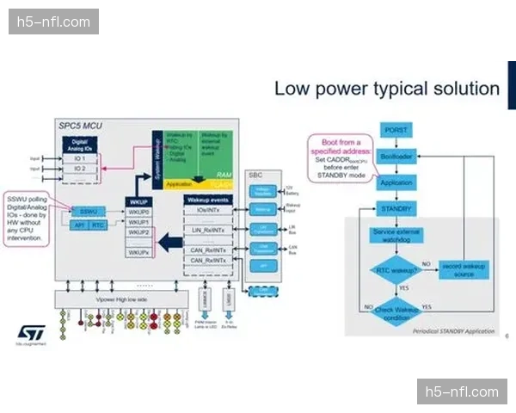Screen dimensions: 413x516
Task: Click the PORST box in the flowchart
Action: click(x=397, y=129)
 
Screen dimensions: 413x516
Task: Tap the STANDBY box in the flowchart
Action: click(x=397, y=208)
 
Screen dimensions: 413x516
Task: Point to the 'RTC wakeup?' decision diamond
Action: click(x=397, y=270)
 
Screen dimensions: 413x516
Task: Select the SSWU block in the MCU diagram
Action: click(x=88, y=211)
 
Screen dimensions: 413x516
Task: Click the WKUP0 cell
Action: click(x=139, y=211)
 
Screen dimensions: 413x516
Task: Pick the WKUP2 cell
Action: click(x=139, y=232)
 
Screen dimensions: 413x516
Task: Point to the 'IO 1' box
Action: click(x=79, y=158)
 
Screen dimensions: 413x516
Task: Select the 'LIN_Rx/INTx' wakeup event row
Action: click(x=209, y=229)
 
